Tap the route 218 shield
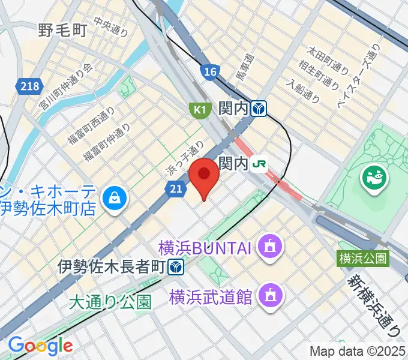click(x=29, y=86)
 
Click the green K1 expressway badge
click(x=198, y=110)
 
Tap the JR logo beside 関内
click(x=259, y=163)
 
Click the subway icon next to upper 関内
click(x=259, y=109)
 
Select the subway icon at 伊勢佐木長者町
click(x=176, y=266)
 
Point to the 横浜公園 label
click(x=363, y=259)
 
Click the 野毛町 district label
click(x=63, y=29)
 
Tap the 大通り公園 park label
click(x=110, y=301)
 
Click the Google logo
click(x=40, y=345)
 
